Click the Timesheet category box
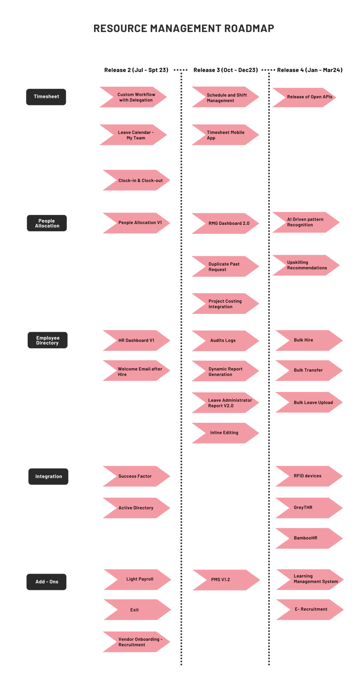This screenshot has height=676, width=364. point(46,97)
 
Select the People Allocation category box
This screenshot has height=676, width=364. point(47,223)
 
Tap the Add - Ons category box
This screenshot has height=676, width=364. point(47,582)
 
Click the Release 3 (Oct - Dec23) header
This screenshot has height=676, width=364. point(226,70)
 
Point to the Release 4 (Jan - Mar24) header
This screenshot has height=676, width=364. point(309,70)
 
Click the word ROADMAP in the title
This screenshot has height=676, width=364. point(249,28)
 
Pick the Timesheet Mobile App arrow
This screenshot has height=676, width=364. point(226,135)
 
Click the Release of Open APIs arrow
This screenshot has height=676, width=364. point(307,97)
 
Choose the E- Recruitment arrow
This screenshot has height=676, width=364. point(310,609)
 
